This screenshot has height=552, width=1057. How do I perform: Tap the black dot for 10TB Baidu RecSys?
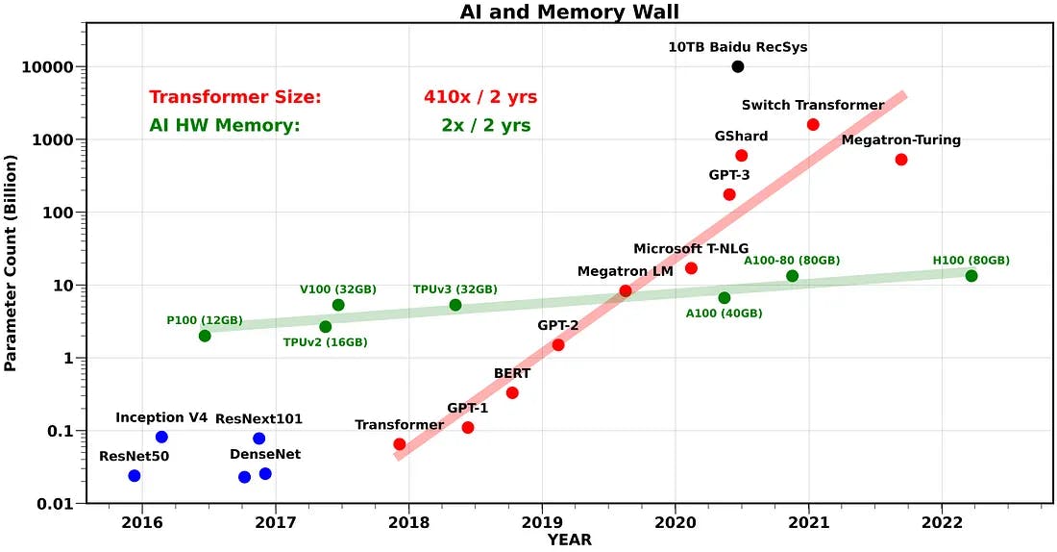click(x=737, y=66)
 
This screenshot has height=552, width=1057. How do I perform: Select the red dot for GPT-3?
click(x=729, y=194)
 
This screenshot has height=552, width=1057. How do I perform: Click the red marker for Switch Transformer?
click(x=813, y=124)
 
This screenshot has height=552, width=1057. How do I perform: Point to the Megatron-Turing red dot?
click(x=901, y=159)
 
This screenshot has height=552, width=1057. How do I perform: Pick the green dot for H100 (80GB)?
click(x=971, y=276)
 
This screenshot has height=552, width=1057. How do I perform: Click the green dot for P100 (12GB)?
click(x=205, y=336)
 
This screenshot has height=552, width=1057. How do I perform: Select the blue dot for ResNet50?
click(x=135, y=476)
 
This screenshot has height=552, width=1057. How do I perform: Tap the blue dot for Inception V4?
click(x=161, y=437)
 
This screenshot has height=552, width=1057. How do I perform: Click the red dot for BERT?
click(x=512, y=392)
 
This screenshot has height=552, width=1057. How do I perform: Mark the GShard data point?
click(x=741, y=155)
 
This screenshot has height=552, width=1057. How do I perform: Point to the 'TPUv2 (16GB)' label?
click(x=325, y=342)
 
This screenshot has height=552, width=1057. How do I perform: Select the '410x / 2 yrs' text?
click(x=480, y=97)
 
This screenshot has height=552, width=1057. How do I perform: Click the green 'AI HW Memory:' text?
click(x=225, y=126)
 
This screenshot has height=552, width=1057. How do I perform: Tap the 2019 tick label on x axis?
click(x=541, y=522)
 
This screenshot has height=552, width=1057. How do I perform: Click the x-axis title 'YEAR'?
click(x=570, y=540)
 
